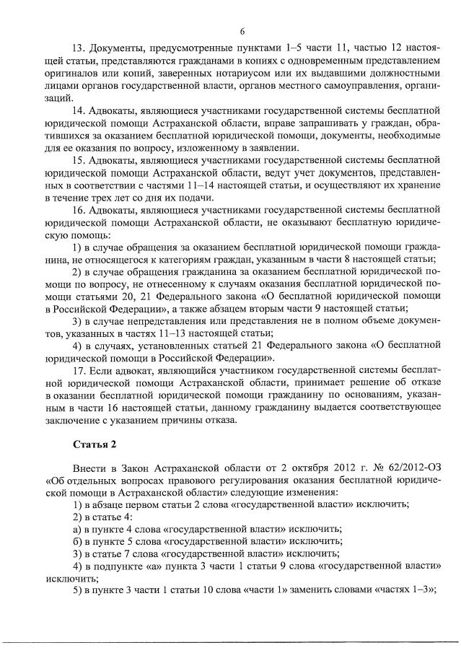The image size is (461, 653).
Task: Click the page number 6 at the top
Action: click(x=242, y=30)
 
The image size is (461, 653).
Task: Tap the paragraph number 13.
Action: click(x=79, y=48)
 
